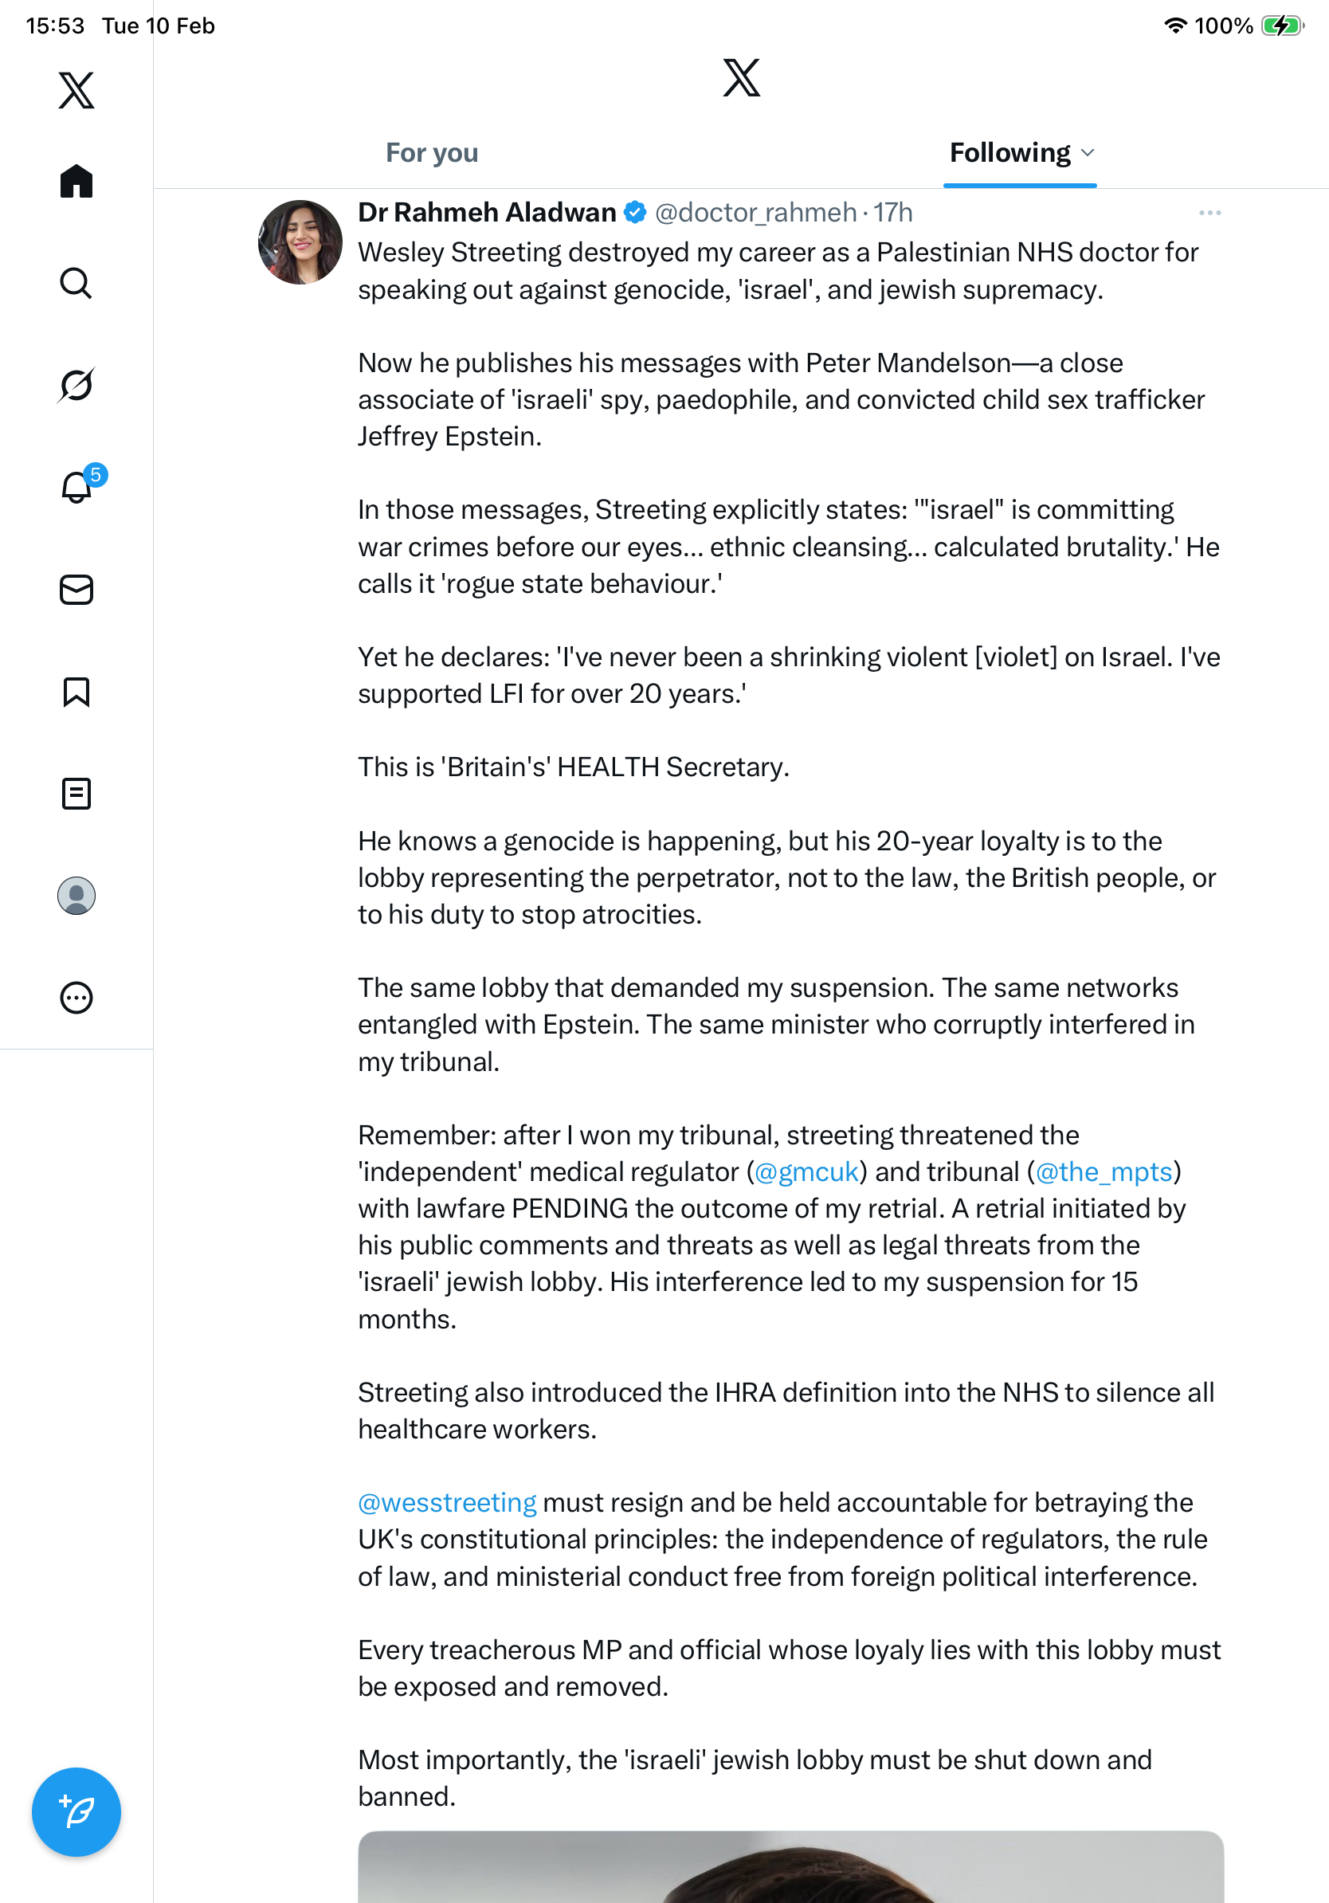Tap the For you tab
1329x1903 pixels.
click(432, 153)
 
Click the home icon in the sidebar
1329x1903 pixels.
click(76, 181)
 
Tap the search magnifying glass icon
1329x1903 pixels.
click(76, 284)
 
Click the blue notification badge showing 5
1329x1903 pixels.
click(96, 475)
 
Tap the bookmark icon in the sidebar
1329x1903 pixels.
click(76, 692)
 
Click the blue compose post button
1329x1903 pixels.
click(76, 1812)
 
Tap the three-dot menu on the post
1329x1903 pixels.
click(1209, 213)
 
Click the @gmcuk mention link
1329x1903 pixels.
click(806, 1172)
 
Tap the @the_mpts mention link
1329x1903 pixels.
click(1104, 1172)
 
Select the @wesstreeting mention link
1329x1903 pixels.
click(448, 1503)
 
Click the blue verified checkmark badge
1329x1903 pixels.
click(635, 213)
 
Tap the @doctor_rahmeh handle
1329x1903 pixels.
click(755, 213)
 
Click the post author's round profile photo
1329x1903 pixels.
click(300, 242)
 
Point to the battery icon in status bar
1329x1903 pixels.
click(1282, 26)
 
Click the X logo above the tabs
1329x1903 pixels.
click(741, 78)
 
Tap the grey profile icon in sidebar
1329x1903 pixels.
click(76, 896)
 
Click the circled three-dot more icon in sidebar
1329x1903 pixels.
click(76, 998)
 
